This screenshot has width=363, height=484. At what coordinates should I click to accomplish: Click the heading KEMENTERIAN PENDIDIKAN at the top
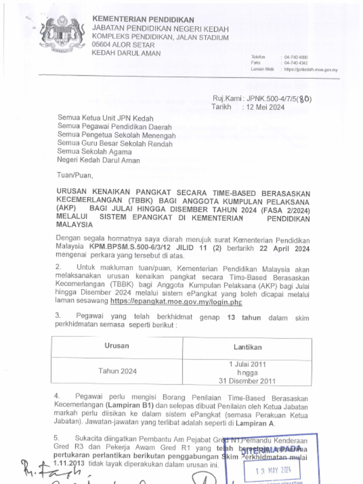pos(143,19)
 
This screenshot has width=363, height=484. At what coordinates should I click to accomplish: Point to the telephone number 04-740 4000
pos(296,57)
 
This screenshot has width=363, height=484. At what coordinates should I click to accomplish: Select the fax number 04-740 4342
pos(296,62)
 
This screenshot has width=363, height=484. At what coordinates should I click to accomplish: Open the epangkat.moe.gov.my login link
pos(176,301)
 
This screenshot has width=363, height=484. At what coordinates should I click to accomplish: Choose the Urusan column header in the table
pos(117,346)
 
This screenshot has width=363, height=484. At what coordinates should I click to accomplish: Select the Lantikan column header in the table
pos(247,347)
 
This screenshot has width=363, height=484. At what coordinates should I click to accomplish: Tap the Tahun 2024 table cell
pos(117,371)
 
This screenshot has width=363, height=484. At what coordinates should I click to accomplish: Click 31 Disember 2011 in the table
pos(247,380)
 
